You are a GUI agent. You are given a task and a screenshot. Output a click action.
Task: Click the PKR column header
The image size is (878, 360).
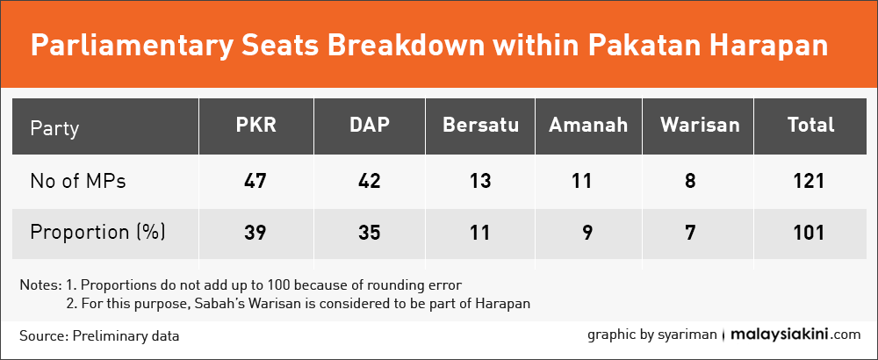coord(255,125)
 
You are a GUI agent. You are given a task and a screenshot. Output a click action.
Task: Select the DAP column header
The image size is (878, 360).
coord(370,125)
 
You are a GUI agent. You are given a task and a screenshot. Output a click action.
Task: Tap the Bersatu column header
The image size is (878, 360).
coord(480,125)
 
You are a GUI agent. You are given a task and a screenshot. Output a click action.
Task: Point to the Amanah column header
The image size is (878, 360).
coord(588,125)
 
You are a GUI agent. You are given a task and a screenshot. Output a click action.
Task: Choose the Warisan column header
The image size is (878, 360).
coord(700,125)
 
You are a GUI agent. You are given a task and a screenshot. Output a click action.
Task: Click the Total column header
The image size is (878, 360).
coord(810,125)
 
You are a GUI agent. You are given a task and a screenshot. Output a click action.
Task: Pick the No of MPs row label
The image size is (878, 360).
coord(78,182)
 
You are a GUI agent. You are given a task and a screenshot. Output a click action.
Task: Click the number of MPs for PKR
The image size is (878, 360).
coord(255,182)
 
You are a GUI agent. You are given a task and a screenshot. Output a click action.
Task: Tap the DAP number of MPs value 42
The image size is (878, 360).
coord(370,182)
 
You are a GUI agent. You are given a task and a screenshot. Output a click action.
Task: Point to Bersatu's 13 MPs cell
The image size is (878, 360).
coord(480,182)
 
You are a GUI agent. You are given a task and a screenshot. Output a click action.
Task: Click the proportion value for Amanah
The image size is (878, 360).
coord(587,233)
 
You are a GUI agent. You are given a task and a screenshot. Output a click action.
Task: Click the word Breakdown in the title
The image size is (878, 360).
coord(407,46)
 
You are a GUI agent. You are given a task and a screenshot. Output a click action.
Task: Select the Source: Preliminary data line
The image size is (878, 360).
coord(99,336)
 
